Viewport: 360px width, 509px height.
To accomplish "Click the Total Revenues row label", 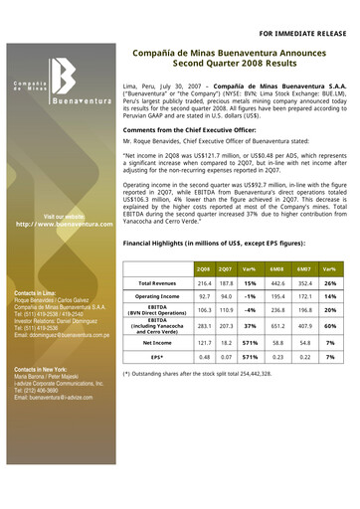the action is (157, 286).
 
